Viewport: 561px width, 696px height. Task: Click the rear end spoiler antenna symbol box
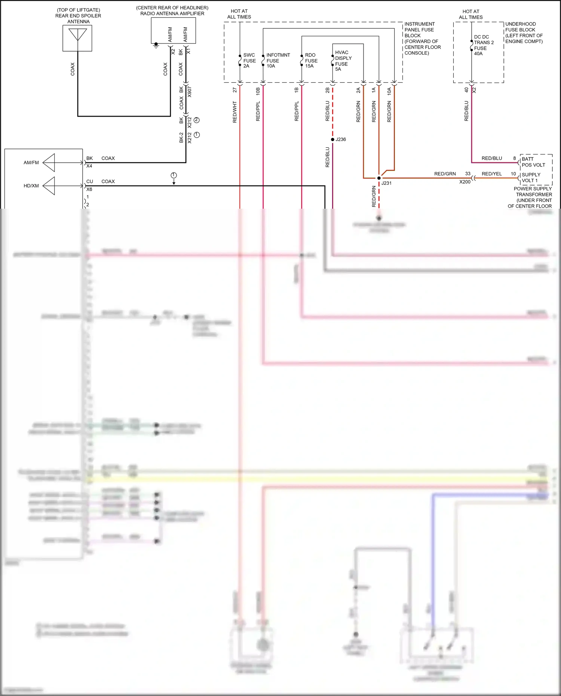pyautogui.click(x=77, y=38)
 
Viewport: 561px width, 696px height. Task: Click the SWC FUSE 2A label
pyautogui.click(x=249, y=60)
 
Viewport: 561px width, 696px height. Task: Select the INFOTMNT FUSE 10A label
pyautogui.click(x=278, y=60)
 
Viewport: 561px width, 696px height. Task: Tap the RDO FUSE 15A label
pyautogui.click(x=311, y=60)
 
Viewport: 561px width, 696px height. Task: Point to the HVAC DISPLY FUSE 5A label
pyautogui.click(x=343, y=61)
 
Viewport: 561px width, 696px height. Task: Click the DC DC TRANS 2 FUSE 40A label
pyautogui.click(x=483, y=45)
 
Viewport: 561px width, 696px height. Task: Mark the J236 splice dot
pyautogui.click(x=332, y=139)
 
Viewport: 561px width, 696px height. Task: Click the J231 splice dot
pyautogui.click(x=379, y=178)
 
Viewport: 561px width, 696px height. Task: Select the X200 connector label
pyautogui.click(x=465, y=182)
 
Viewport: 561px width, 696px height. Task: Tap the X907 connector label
pyautogui.click(x=190, y=92)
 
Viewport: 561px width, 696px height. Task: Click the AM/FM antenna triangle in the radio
pyautogui.click(x=49, y=163)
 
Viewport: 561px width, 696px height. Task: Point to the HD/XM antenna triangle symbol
pyautogui.click(x=49, y=186)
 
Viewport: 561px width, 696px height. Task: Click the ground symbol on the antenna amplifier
pyautogui.click(x=156, y=46)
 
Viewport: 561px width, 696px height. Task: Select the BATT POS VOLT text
pyautogui.click(x=533, y=162)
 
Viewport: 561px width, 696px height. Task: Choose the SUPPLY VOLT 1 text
pyautogui.click(x=531, y=178)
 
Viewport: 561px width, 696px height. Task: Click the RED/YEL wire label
pyautogui.click(x=491, y=174)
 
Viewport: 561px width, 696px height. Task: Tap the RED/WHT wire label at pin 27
pyautogui.click(x=235, y=111)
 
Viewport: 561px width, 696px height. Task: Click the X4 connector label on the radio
pyautogui.click(x=89, y=166)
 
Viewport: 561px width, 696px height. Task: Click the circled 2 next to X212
pyautogui.click(x=197, y=120)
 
